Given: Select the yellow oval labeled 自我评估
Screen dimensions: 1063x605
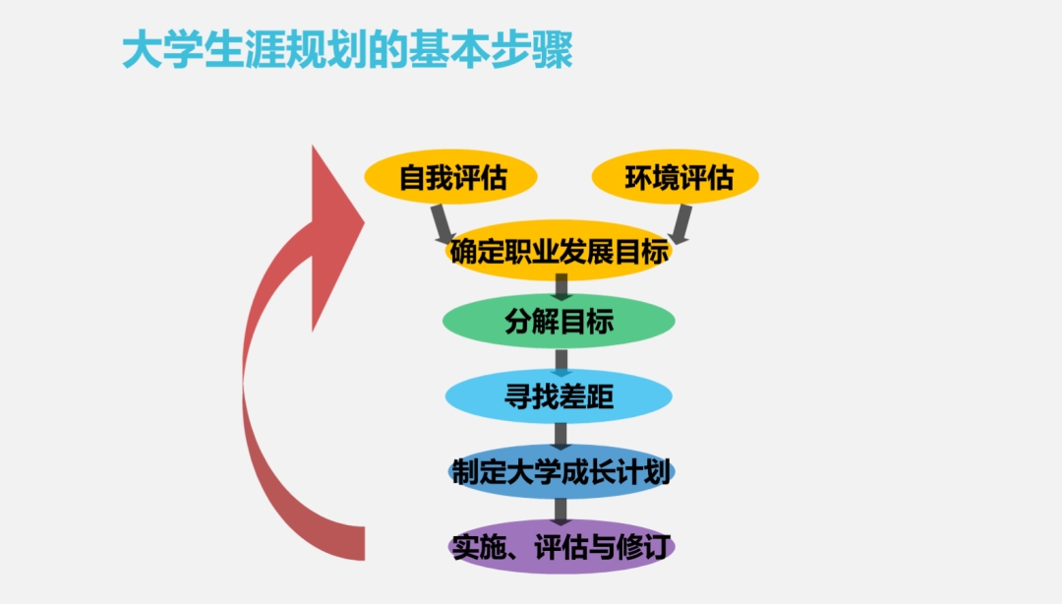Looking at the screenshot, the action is pyautogui.click(x=450, y=177).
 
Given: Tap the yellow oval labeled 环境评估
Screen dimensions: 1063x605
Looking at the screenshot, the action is pyautogui.click(x=676, y=177).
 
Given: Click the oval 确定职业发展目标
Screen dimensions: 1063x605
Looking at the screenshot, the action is pyautogui.click(x=560, y=251).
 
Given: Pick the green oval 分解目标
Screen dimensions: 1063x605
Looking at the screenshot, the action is pyautogui.click(x=560, y=321).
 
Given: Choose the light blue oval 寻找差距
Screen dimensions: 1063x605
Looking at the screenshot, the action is pyautogui.click(x=560, y=396).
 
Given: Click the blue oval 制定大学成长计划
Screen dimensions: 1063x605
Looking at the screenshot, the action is pyautogui.click(x=561, y=472).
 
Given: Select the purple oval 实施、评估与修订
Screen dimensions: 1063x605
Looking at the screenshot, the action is pyautogui.click(x=561, y=547).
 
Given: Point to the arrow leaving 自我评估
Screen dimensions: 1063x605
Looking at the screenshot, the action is pyautogui.click(x=443, y=224).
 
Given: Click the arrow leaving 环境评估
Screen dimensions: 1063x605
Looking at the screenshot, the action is pyautogui.click(x=681, y=224).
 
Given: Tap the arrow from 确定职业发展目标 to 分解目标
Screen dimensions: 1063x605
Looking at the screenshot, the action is pyautogui.click(x=561, y=287).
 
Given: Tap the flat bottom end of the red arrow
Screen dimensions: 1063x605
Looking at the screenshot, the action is pyautogui.click(x=364, y=543).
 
